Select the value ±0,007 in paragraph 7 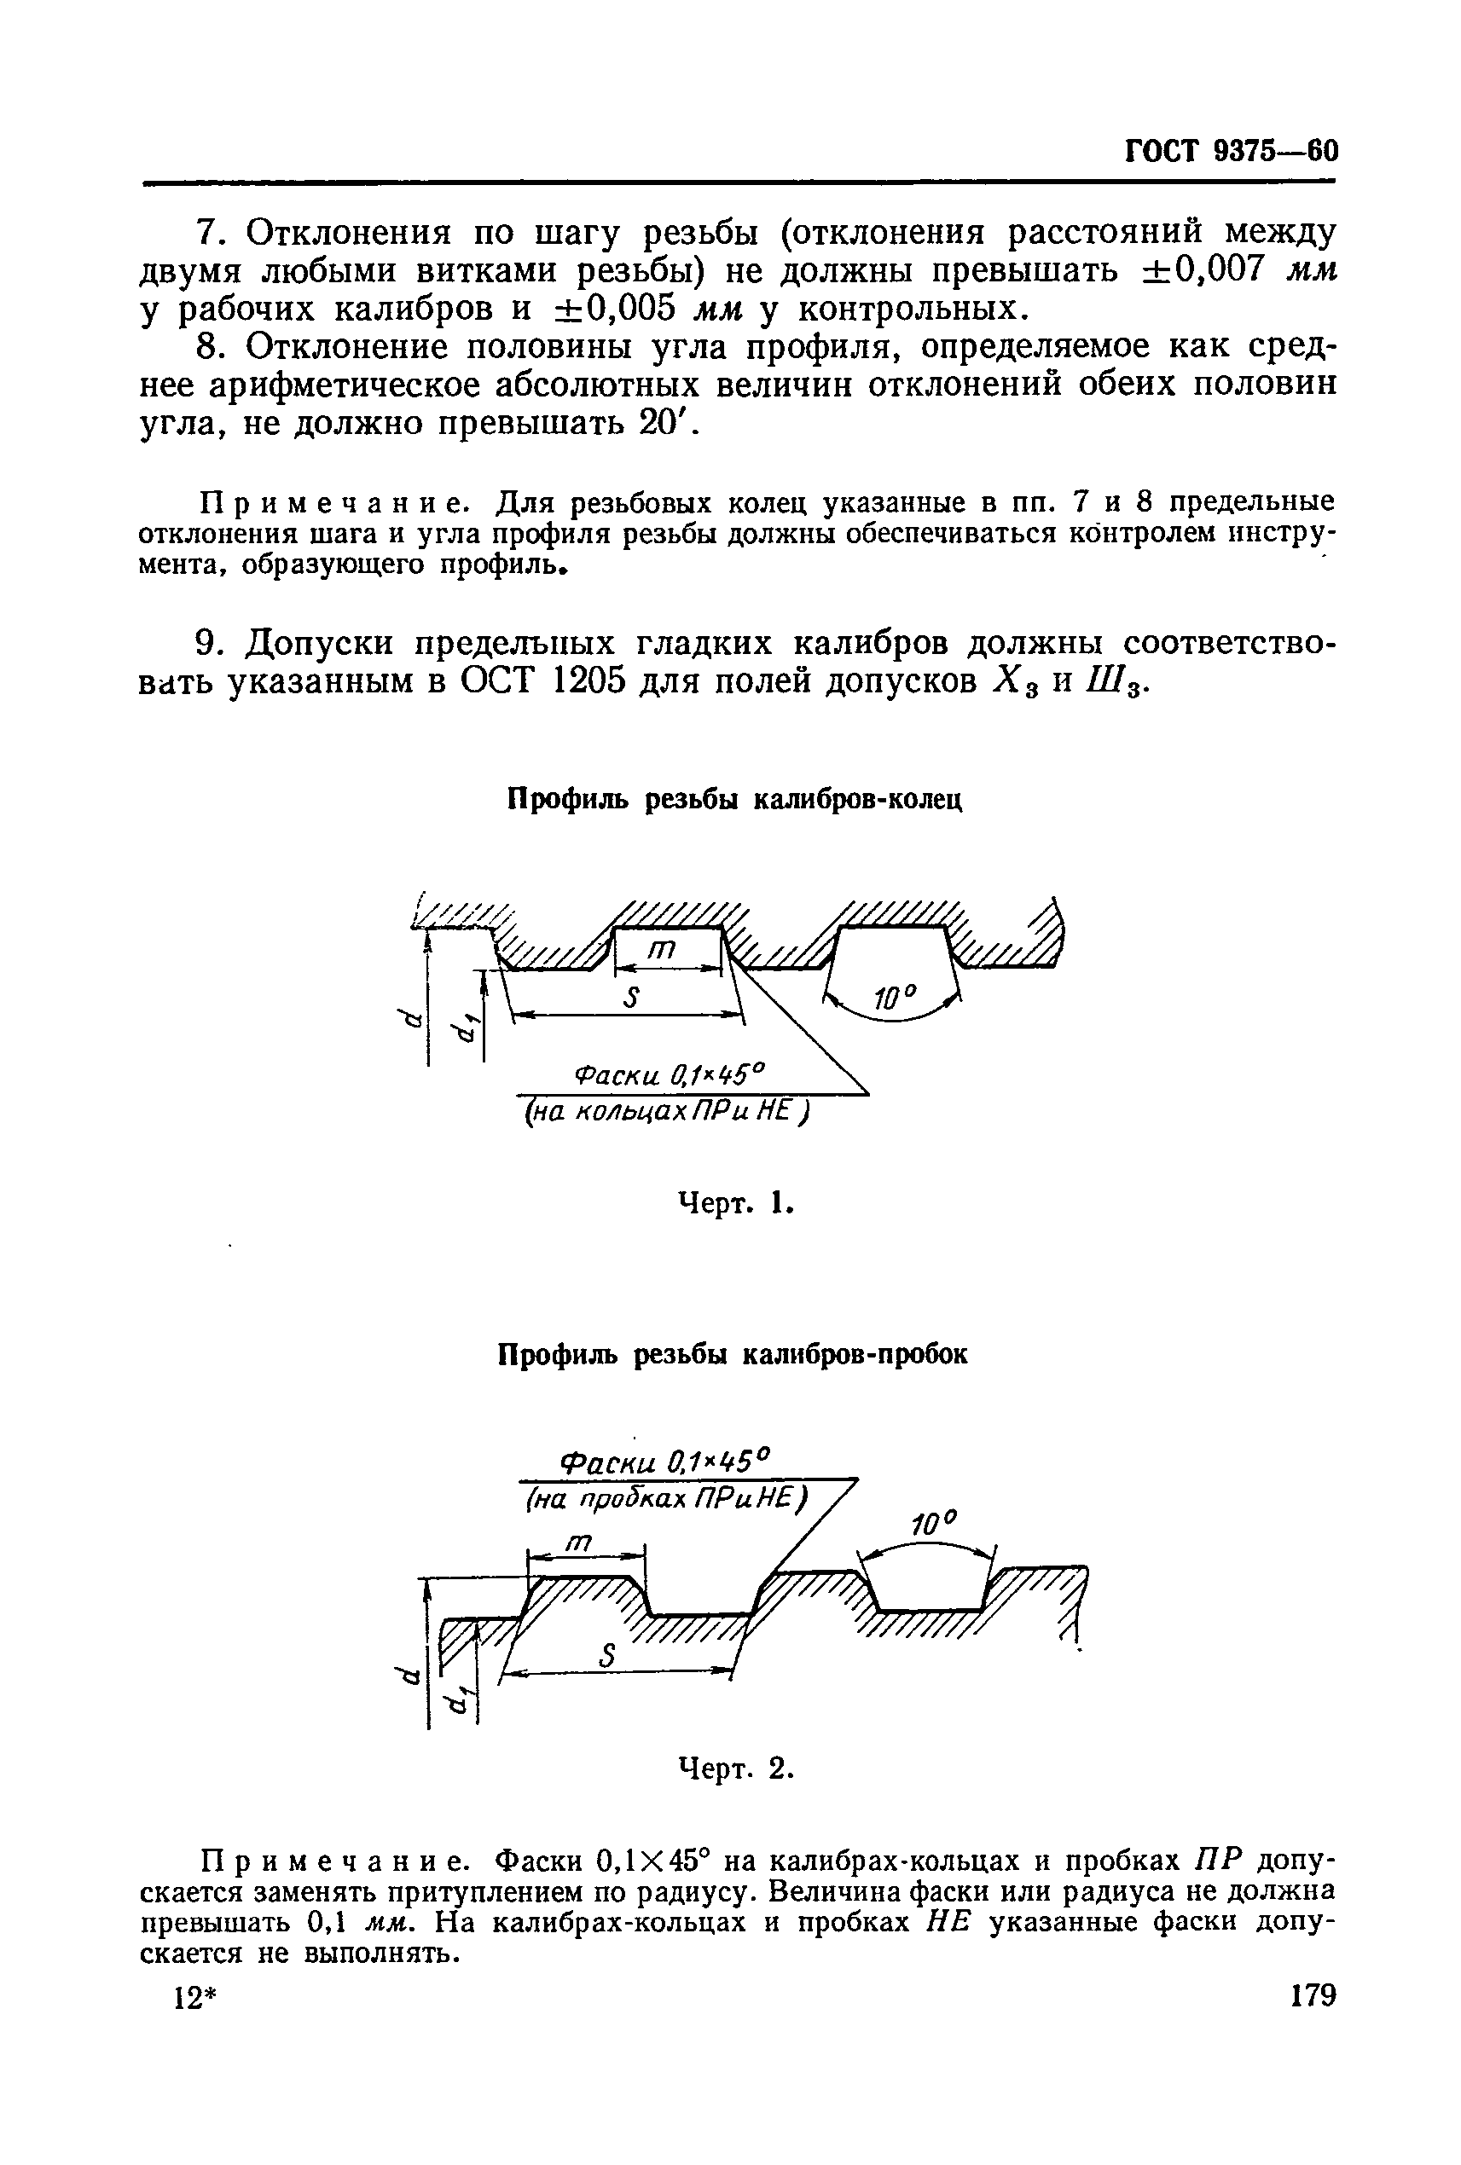pos(1202,270)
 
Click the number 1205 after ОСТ pos(603,681)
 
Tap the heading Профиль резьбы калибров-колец pos(733,799)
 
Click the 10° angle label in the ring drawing pos(896,999)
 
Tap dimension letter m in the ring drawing pos(661,949)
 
